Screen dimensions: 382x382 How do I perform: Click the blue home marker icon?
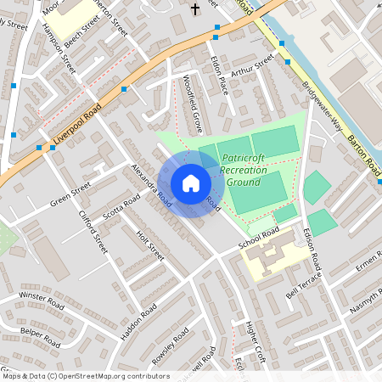pos(190,183)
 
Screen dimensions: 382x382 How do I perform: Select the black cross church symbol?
pos(194,9)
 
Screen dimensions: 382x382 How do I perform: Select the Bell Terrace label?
pos(305,282)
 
